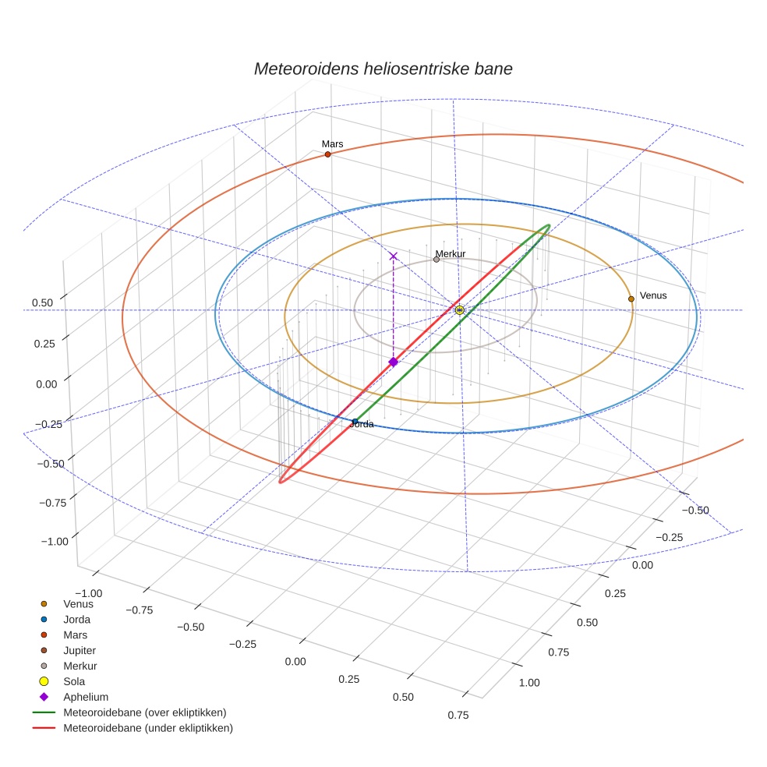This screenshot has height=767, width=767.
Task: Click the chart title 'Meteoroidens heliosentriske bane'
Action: (x=383, y=69)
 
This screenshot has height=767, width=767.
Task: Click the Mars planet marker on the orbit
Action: (x=327, y=154)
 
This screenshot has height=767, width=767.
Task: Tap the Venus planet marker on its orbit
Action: (x=631, y=299)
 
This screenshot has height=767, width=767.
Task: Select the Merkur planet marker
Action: (x=437, y=260)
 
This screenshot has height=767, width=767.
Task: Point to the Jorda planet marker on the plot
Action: (x=355, y=422)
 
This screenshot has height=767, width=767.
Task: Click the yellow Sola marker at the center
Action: (x=460, y=310)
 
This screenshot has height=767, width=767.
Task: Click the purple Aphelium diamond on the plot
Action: (x=394, y=362)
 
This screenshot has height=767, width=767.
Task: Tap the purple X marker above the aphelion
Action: (x=394, y=256)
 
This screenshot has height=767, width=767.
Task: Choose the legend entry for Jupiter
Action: (x=79, y=650)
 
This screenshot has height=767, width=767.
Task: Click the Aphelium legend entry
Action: (x=85, y=697)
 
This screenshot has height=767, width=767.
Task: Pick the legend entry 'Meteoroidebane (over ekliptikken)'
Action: (x=144, y=712)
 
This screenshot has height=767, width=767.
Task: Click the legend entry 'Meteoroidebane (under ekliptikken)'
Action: (x=147, y=728)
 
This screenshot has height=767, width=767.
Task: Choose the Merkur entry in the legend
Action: (x=80, y=666)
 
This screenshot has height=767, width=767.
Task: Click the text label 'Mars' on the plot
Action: (x=332, y=143)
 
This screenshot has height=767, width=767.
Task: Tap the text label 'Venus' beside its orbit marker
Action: (x=653, y=295)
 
